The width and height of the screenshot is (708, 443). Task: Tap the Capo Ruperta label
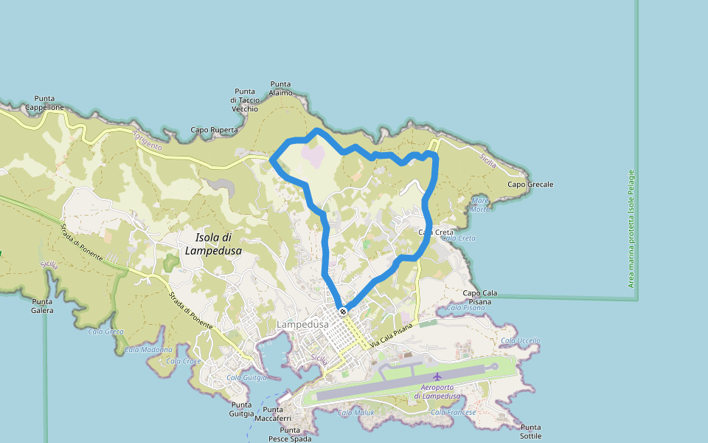point(215,130)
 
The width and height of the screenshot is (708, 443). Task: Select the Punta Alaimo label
point(281,89)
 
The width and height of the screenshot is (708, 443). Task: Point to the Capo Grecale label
point(530,185)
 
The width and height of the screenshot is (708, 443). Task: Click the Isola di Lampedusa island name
point(214,244)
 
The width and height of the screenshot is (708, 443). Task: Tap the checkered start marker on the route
point(343,311)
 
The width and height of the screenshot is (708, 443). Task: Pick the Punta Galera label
point(43,306)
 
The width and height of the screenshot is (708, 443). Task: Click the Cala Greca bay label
point(106,332)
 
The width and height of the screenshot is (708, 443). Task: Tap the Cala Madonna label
point(148,349)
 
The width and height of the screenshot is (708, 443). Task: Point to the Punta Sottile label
point(530,431)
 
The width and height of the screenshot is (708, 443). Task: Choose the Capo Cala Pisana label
point(479,298)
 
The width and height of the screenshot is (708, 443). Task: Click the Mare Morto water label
point(480,205)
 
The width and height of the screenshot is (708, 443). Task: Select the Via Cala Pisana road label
point(394,334)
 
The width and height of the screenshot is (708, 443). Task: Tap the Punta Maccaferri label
point(273,414)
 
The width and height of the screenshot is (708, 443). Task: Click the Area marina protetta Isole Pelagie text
point(631,229)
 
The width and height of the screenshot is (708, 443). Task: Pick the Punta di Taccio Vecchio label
point(245,100)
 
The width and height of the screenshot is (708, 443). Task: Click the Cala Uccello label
point(520,340)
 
